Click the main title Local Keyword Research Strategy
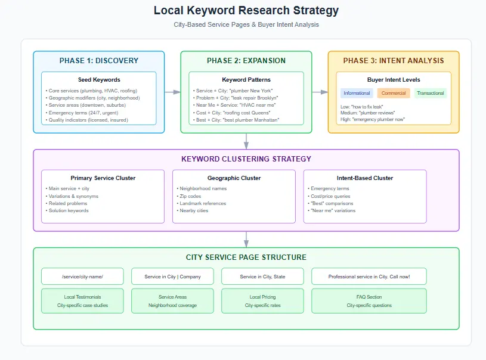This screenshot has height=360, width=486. click(246, 11)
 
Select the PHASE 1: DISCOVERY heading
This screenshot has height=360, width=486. click(98, 61)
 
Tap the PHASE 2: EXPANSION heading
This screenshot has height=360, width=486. click(246, 61)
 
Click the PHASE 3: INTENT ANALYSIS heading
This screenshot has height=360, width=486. click(394, 61)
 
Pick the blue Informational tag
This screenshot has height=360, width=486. click(357, 94)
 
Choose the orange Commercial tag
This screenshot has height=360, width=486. click(394, 94)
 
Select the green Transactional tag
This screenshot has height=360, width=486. click(430, 94)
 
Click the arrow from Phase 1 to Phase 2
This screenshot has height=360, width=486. click(172, 92)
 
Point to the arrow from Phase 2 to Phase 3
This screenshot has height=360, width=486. click(320, 92)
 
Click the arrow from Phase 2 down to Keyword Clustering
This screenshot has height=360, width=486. click(246, 141)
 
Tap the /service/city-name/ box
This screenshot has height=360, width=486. click(82, 277)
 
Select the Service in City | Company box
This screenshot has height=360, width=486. click(172, 277)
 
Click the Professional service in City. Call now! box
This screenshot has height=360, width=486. click(369, 277)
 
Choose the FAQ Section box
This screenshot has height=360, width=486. click(369, 301)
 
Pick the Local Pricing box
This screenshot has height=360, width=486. click(262, 301)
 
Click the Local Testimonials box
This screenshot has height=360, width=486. click(82, 301)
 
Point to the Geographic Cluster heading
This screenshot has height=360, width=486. click(234, 178)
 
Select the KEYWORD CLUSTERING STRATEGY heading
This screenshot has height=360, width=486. click(246, 159)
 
